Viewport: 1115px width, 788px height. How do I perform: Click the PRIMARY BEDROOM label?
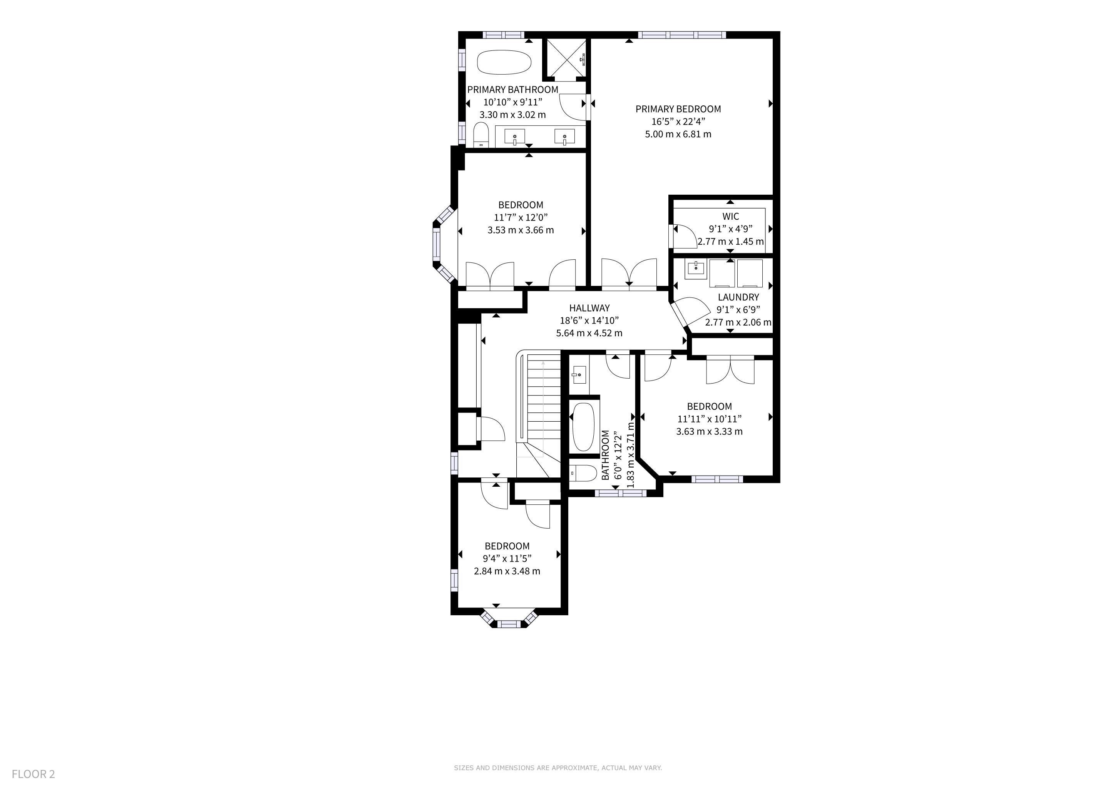pos(678,109)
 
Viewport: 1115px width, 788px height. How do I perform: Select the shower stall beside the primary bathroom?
pos(566,59)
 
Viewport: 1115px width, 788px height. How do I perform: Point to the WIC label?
pos(730,216)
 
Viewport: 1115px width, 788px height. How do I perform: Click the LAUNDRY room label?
pos(738,297)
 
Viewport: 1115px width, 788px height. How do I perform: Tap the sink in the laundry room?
pos(696,269)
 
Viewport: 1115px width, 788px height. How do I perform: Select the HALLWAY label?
pos(589,308)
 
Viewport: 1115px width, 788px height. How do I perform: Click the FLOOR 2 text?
pos(33,774)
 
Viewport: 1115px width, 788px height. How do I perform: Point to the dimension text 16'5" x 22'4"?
pos(678,121)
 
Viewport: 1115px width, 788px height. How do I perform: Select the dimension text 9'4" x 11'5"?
pos(507,559)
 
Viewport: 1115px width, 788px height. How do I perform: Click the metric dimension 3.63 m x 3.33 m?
pos(709,431)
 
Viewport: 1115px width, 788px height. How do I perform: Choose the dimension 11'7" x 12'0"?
pos(521,217)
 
